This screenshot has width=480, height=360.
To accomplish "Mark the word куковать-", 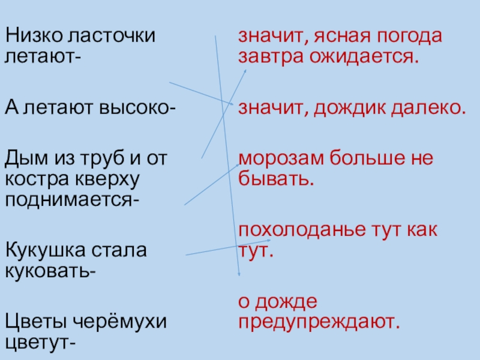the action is point(49,269).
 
